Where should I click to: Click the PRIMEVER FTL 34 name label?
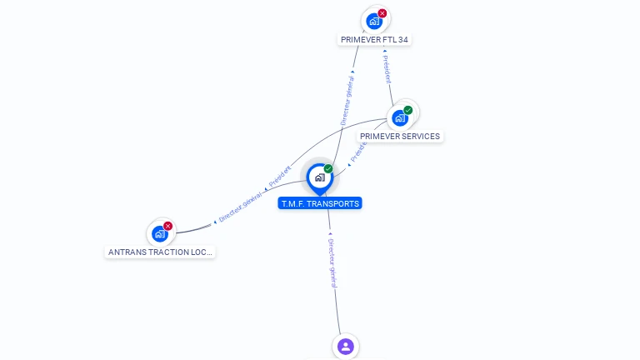[375, 39]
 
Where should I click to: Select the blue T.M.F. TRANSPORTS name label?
[320, 203]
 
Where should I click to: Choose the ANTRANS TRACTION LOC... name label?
[160, 251]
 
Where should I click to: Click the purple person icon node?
[346, 346]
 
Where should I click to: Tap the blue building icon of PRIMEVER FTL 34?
[374, 21]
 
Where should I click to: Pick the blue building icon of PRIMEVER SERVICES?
[400, 117]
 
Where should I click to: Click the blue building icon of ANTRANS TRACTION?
[160, 233]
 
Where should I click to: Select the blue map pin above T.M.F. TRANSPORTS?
[319, 177]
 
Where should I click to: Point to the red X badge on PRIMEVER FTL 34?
[382, 13]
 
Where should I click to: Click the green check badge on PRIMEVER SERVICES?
[408, 110]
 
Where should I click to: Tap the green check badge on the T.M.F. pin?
[328, 169]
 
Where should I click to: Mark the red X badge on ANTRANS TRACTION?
[168, 226]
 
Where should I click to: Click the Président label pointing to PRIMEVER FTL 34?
[387, 69]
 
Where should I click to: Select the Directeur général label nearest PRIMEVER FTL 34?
[347, 98]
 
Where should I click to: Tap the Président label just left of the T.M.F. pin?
[280, 177]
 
